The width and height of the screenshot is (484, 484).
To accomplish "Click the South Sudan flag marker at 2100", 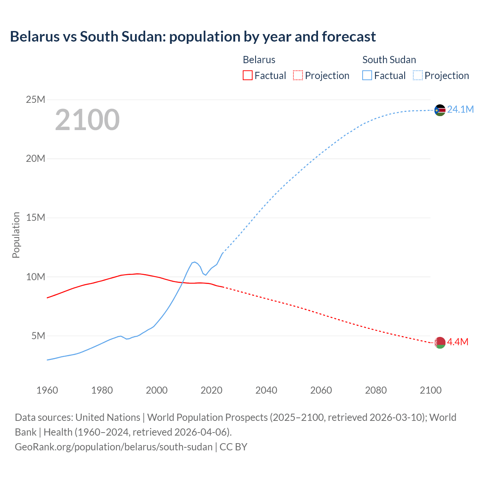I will point(440,110).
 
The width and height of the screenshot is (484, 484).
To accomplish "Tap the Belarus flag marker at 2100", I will point(440,343).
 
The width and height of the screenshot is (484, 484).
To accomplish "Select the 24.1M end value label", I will point(460,110).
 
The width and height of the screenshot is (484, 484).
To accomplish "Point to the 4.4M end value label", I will point(458,342).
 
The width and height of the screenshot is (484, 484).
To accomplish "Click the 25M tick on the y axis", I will point(36,100).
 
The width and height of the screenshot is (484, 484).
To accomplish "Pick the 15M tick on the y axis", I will point(36,218).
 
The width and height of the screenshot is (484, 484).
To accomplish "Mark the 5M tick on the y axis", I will point(38,336).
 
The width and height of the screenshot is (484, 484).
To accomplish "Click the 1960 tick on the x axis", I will point(47,390).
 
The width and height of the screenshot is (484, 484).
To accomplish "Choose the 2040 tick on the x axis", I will point(266,390).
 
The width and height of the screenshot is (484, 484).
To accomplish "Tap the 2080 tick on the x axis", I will point(376,390).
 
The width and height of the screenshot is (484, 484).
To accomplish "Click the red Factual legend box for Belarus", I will point(247,76).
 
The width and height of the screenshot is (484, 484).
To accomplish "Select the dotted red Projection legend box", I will point(298,76).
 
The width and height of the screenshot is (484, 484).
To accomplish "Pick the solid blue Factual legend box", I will point(367,76).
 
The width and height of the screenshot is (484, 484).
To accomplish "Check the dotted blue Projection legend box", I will point(417,76).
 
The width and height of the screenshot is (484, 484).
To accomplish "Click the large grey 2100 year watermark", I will point(87,120).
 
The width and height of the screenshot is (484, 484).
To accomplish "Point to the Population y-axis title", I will point(16,235).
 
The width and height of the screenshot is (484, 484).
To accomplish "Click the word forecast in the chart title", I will point(349,37).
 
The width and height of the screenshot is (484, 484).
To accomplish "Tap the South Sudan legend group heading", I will point(389,60).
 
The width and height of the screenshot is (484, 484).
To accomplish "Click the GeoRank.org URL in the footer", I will point(113,447).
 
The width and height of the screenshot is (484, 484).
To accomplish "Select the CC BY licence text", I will point(233,447).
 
